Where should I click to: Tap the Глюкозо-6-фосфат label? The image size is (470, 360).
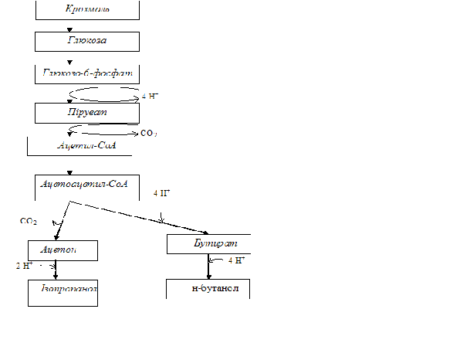click(87, 73)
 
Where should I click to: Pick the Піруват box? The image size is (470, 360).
click(87, 112)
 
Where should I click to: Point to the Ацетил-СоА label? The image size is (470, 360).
click(86, 145)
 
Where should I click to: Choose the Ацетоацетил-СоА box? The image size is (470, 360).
click(87, 185)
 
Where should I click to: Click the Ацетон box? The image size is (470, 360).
click(63, 250)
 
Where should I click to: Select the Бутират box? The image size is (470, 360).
click(208, 243)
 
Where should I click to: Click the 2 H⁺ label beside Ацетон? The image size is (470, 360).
click(25, 266)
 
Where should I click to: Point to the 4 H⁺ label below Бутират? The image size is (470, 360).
click(237, 261)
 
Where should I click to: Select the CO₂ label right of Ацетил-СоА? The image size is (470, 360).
click(149, 134)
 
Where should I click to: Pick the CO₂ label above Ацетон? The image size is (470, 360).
click(29, 221)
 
